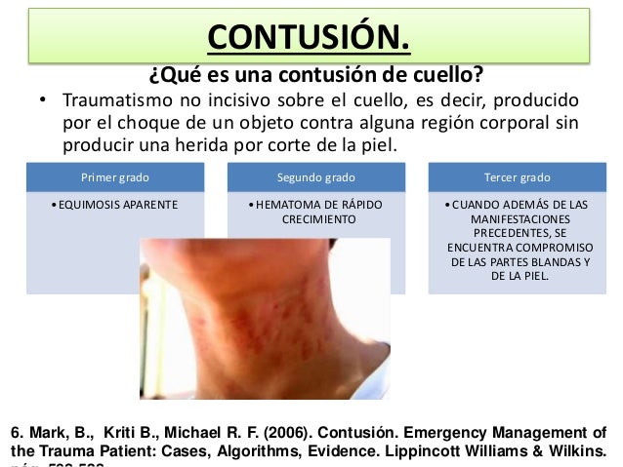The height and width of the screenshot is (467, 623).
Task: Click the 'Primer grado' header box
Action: coord(115,178)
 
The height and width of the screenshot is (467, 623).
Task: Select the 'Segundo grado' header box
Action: coord(316,178)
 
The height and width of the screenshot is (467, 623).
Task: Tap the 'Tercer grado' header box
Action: coord(518,178)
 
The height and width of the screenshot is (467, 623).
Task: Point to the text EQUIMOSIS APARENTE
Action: coord(116,206)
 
